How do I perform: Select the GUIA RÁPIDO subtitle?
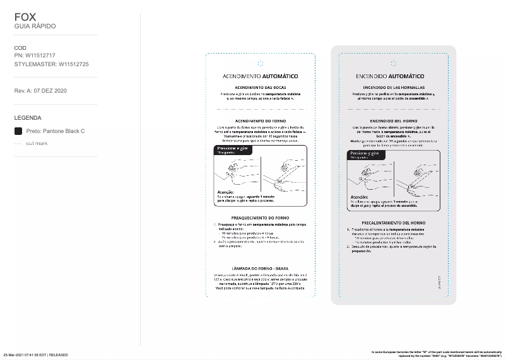click(x=35, y=26)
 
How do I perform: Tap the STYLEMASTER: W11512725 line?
click(x=51, y=64)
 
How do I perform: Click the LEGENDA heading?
click(x=28, y=117)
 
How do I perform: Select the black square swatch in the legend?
click(x=18, y=131)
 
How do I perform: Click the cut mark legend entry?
click(x=37, y=144)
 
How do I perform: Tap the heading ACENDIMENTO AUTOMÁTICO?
click(x=260, y=76)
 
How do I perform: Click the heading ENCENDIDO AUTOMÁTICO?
click(x=393, y=76)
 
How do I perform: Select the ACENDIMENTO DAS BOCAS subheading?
click(x=260, y=88)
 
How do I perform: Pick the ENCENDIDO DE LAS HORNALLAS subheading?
click(x=393, y=88)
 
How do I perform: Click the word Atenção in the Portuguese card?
click(x=226, y=192)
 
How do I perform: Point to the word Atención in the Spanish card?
click(x=360, y=196)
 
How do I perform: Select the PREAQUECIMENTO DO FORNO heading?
click(x=260, y=218)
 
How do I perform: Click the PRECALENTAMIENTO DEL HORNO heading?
click(x=393, y=223)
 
